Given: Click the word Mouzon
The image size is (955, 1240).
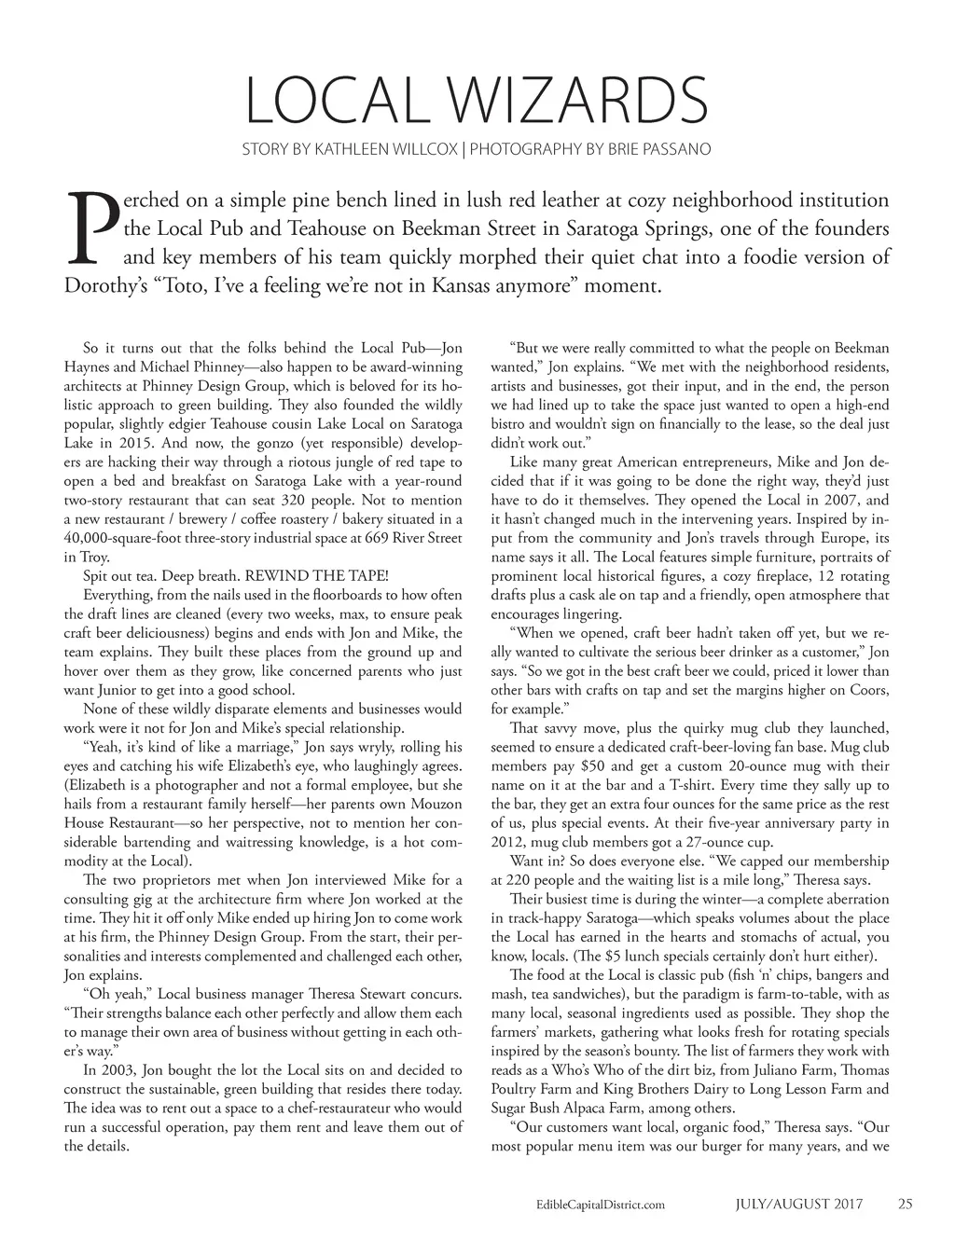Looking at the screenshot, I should (x=434, y=804).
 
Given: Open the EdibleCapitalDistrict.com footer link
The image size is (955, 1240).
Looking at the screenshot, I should (x=596, y=1204).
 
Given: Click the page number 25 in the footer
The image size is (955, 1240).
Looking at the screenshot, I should (x=905, y=1203).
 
